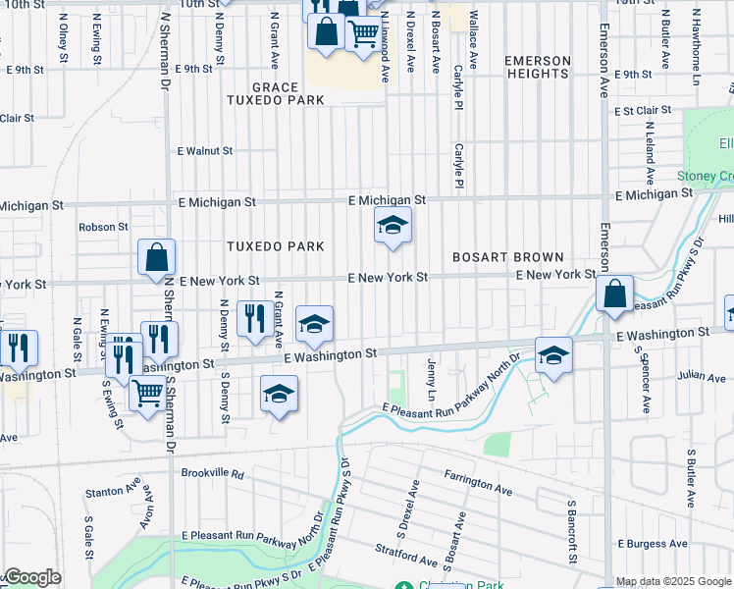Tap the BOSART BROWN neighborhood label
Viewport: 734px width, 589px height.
point(507,257)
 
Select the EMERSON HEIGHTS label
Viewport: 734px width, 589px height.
point(538,68)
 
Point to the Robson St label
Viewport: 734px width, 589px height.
point(103,227)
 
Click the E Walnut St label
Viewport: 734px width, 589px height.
point(204,151)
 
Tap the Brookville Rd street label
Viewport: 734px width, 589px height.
point(212,472)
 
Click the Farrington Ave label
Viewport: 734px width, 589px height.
point(478,488)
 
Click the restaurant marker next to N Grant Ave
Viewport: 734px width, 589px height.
point(255,318)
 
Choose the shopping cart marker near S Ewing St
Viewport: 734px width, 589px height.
point(147,394)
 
